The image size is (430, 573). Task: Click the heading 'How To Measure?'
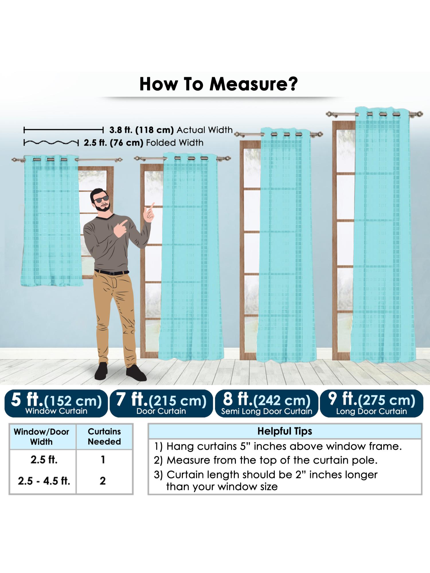coord(218,84)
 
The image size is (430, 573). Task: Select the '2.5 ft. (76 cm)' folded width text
coord(113,143)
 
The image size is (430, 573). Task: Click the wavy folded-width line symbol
coord(51,143)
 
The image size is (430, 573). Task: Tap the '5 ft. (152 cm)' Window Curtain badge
coord(56,403)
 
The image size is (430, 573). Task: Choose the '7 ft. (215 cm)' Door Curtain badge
coord(161,403)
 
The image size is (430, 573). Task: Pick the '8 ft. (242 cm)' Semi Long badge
coord(266,403)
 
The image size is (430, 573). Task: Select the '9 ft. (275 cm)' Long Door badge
coord(372,403)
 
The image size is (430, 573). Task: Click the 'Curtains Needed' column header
coord(104,436)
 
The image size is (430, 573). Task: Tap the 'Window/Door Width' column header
coord(42,437)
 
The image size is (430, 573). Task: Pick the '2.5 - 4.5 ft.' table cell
coord(44,481)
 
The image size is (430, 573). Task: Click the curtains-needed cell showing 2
coord(103,481)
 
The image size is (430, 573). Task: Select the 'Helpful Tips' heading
coord(285,431)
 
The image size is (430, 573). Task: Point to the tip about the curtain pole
coord(265,460)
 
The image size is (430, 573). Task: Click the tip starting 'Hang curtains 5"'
coord(278,446)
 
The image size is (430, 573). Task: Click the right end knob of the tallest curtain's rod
coord(420,114)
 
